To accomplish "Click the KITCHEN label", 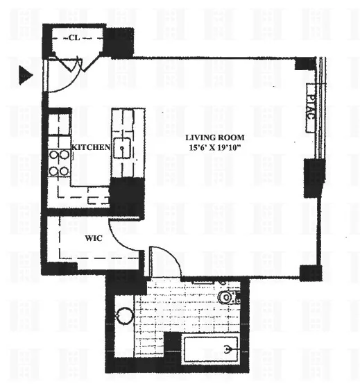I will [x=91, y=147].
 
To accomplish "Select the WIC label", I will [x=94, y=238].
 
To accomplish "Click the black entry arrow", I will [x=26, y=76].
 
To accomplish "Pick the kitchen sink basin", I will [x=124, y=147].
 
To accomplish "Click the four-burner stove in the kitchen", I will [x=59, y=162].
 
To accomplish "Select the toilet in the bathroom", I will [x=227, y=297].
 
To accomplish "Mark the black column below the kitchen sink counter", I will [x=127, y=196].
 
